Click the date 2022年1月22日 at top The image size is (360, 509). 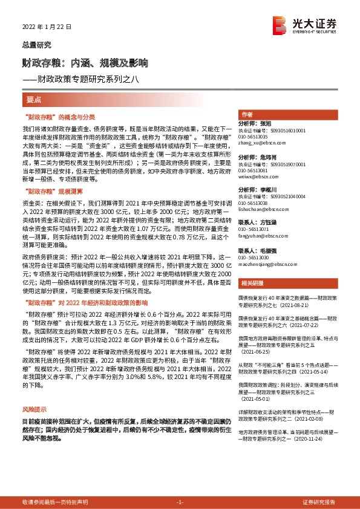click(x=47, y=27)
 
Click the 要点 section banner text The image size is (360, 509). click(x=34, y=99)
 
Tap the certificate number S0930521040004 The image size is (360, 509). click(x=272, y=196)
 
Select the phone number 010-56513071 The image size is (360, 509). click(x=254, y=229)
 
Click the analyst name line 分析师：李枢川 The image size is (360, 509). click(x=260, y=190)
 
